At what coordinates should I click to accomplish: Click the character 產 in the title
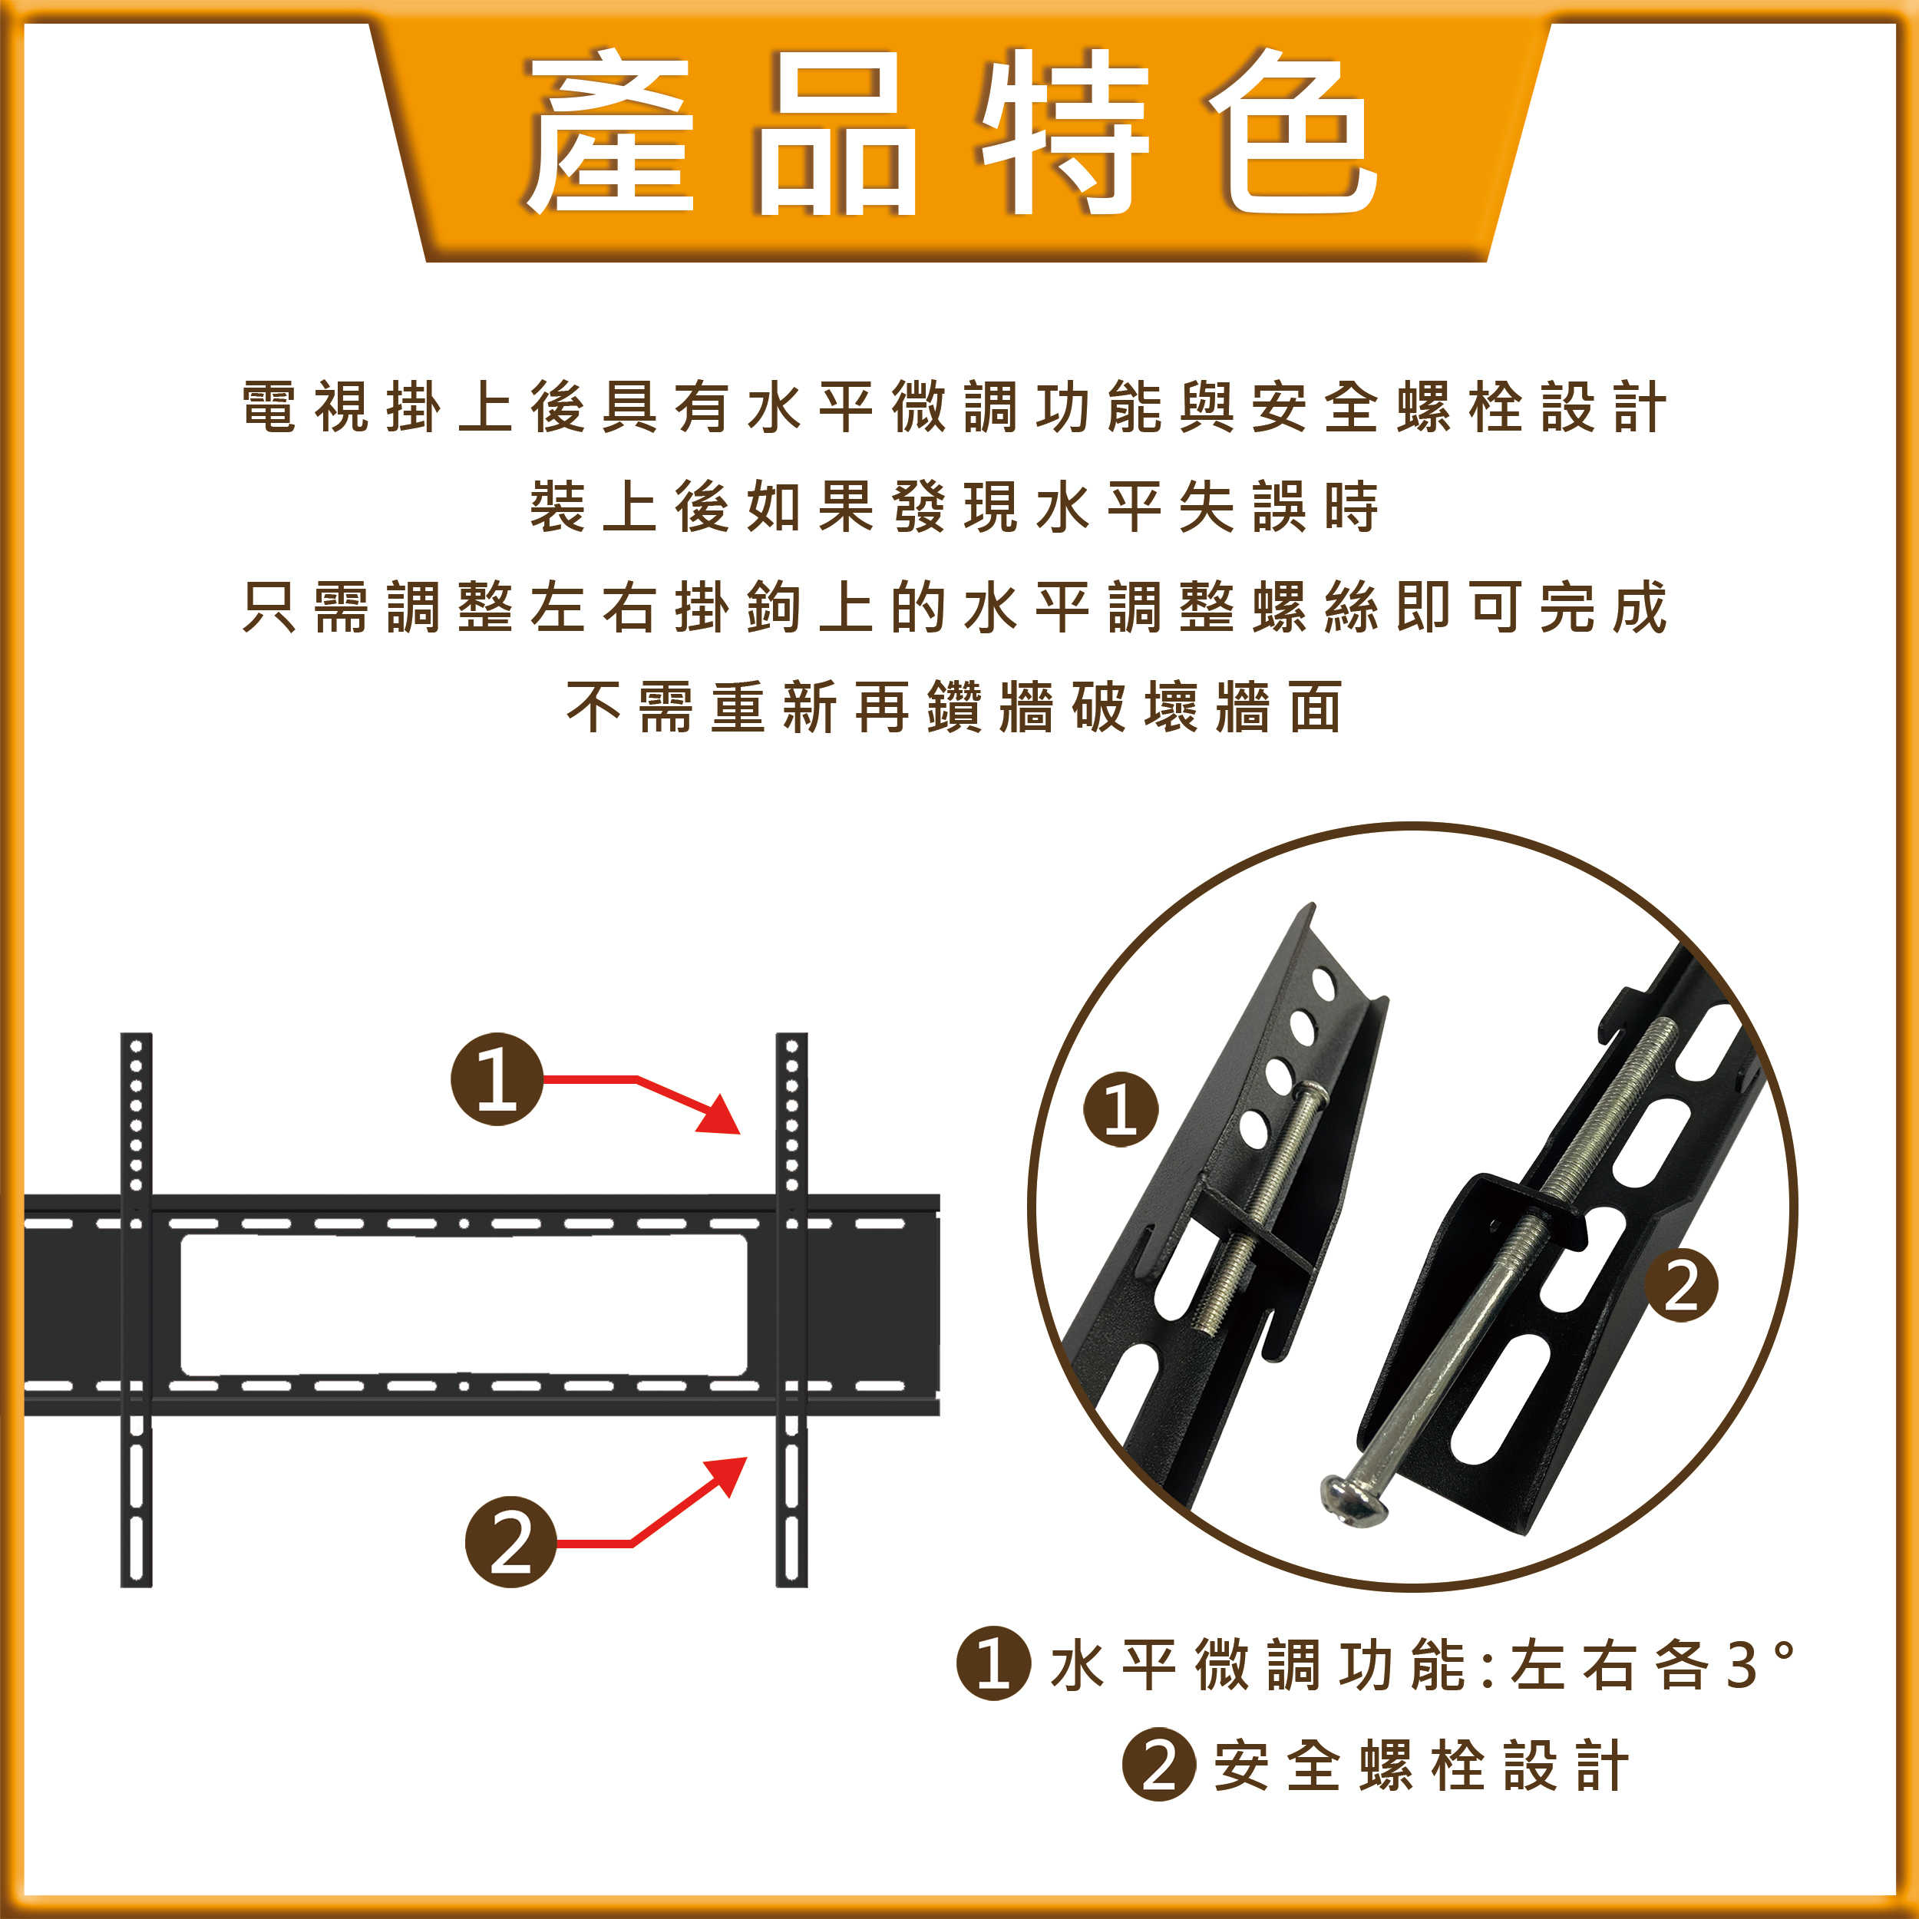pos(608,132)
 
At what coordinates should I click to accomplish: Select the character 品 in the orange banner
pos(837,132)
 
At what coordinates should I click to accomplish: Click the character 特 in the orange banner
pos(1065,132)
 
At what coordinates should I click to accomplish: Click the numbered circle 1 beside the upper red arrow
pos(497,1078)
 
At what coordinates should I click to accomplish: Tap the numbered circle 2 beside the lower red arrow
pos(510,1541)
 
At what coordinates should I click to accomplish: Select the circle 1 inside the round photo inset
pos(1121,1109)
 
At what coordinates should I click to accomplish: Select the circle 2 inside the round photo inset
pos(1680,1288)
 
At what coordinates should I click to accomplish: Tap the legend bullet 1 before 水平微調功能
pos(993,1663)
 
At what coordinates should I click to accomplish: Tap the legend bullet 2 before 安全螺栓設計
pos(1158,1765)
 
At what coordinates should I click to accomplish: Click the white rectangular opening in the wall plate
pos(463,1305)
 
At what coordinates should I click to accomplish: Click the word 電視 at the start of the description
pos(305,408)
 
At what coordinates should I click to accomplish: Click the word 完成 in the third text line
pos(1604,607)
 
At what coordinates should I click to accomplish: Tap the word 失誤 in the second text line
pos(1241,507)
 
